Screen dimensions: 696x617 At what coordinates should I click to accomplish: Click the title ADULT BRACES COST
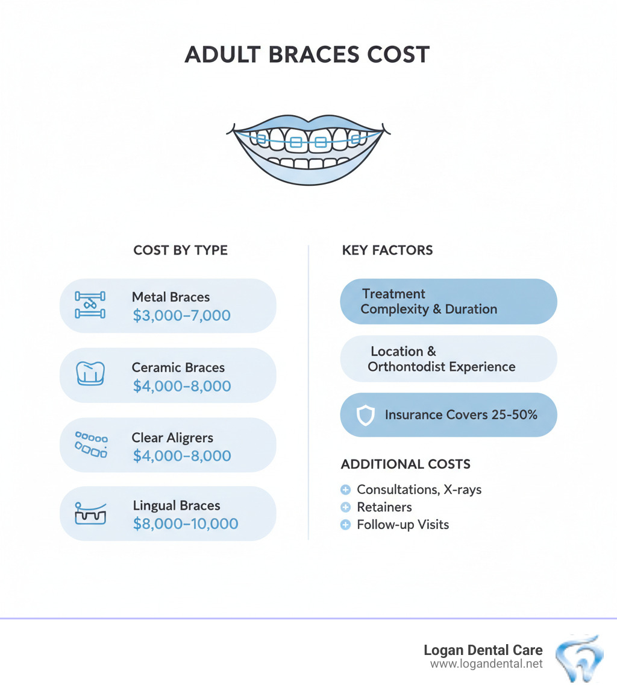click(307, 55)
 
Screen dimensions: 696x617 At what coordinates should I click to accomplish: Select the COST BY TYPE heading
click(180, 250)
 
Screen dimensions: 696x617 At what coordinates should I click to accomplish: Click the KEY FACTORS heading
click(387, 250)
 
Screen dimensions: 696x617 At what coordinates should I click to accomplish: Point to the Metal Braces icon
click(90, 305)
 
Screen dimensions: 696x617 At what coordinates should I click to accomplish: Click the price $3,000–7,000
click(181, 315)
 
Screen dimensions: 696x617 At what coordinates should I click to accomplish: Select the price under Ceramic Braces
click(181, 385)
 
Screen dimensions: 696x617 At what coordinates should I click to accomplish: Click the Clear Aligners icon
click(91, 444)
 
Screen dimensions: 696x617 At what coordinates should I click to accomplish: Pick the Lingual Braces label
click(177, 505)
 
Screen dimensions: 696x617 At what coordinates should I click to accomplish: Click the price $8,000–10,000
click(185, 524)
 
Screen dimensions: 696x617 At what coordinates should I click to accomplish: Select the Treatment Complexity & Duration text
click(428, 302)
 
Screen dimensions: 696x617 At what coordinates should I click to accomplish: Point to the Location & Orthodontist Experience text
click(441, 359)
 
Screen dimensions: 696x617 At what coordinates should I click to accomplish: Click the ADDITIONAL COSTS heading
click(406, 464)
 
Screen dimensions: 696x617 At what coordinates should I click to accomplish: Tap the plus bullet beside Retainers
click(346, 507)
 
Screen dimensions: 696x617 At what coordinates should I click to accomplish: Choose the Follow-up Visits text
click(402, 525)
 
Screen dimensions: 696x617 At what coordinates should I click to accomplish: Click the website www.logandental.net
click(486, 664)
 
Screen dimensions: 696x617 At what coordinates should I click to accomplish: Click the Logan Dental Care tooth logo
click(578, 659)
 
